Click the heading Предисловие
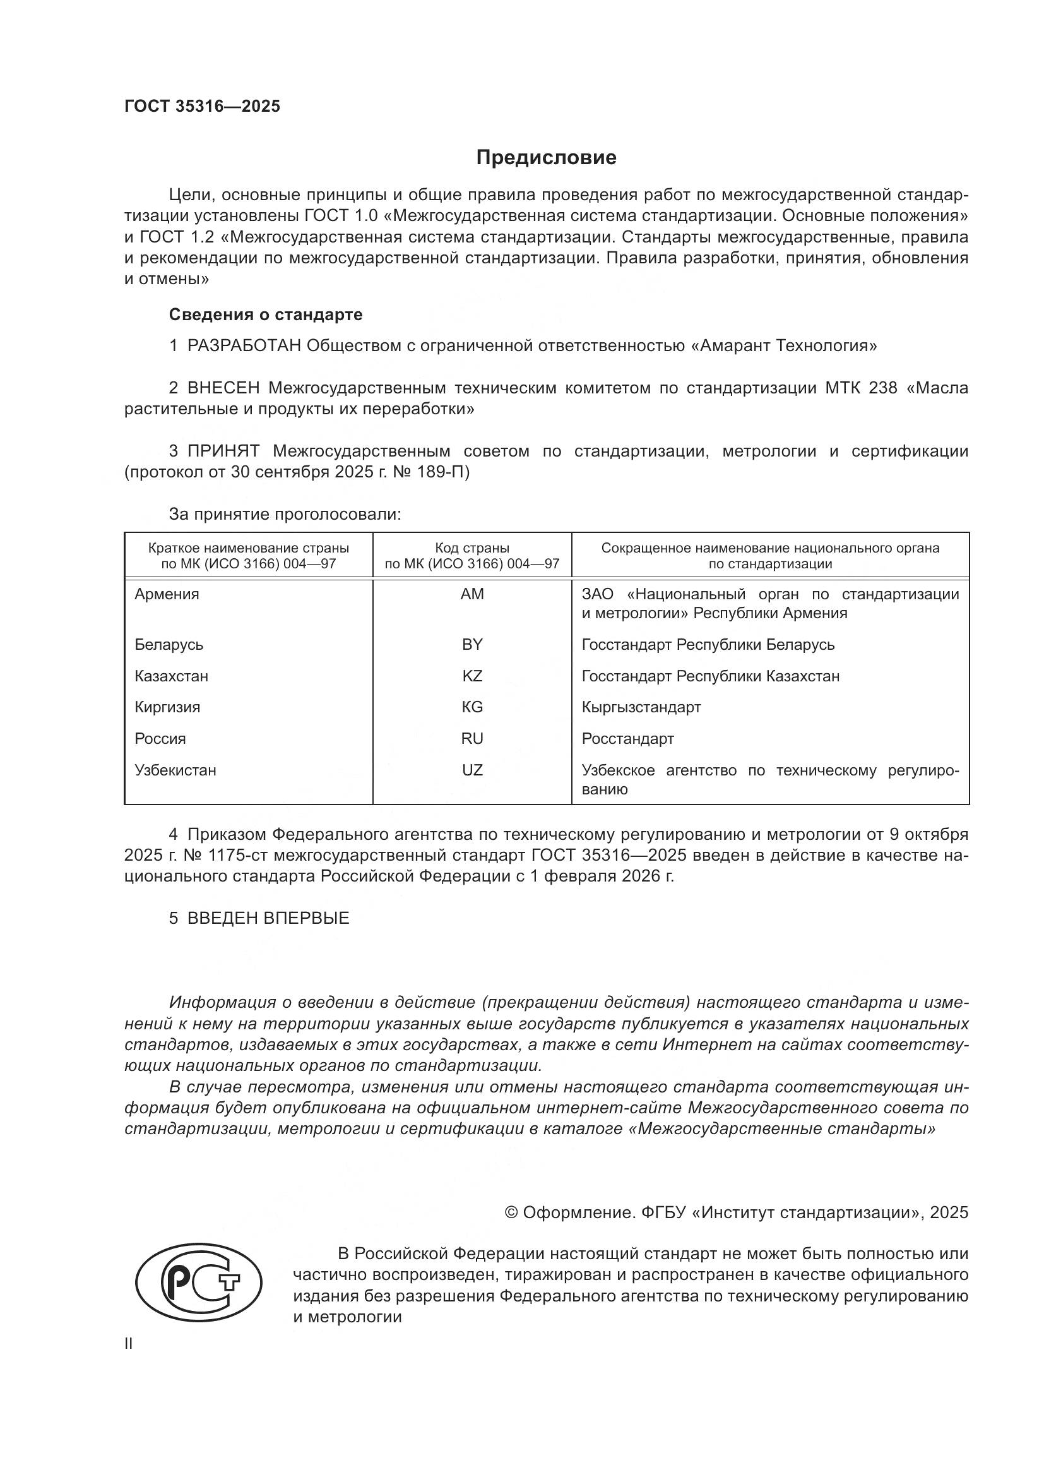pyautogui.click(x=546, y=158)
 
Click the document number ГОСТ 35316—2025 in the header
pyautogui.click(x=203, y=107)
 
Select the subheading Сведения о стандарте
pyautogui.click(x=266, y=314)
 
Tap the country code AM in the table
pyautogui.click(x=472, y=594)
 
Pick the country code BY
pyautogui.click(x=472, y=645)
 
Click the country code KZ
pyautogui.click(x=472, y=676)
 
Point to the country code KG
pyautogui.click(x=472, y=707)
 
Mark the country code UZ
pyautogui.click(x=472, y=770)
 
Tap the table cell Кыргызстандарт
pyautogui.click(x=641, y=707)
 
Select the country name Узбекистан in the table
pyautogui.click(x=175, y=770)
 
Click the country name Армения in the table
pyautogui.click(x=167, y=594)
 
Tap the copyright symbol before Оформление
pyautogui.click(x=511, y=1212)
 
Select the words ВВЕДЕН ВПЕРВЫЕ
pyautogui.click(x=268, y=918)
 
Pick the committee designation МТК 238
pyautogui.click(x=861, y=388)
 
